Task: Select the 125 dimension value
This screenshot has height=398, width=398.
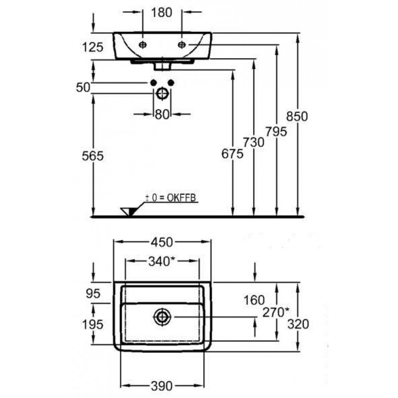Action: click(93, 47)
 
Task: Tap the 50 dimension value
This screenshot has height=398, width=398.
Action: click(83, 88)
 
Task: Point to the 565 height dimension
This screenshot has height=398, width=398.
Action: click(93, 156)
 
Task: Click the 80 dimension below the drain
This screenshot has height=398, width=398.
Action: click(162, 114)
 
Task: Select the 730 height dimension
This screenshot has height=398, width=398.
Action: click(254, 142)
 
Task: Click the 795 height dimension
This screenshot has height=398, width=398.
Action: click(276, 132)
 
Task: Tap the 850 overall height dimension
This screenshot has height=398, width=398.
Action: click(298, 116)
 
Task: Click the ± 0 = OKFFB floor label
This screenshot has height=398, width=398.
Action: click(171, 198)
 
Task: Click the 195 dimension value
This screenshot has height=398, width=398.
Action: click(93, 324)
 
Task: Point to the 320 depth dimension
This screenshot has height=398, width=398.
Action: click(298, 324)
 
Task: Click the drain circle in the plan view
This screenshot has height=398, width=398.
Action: click(162, 316)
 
